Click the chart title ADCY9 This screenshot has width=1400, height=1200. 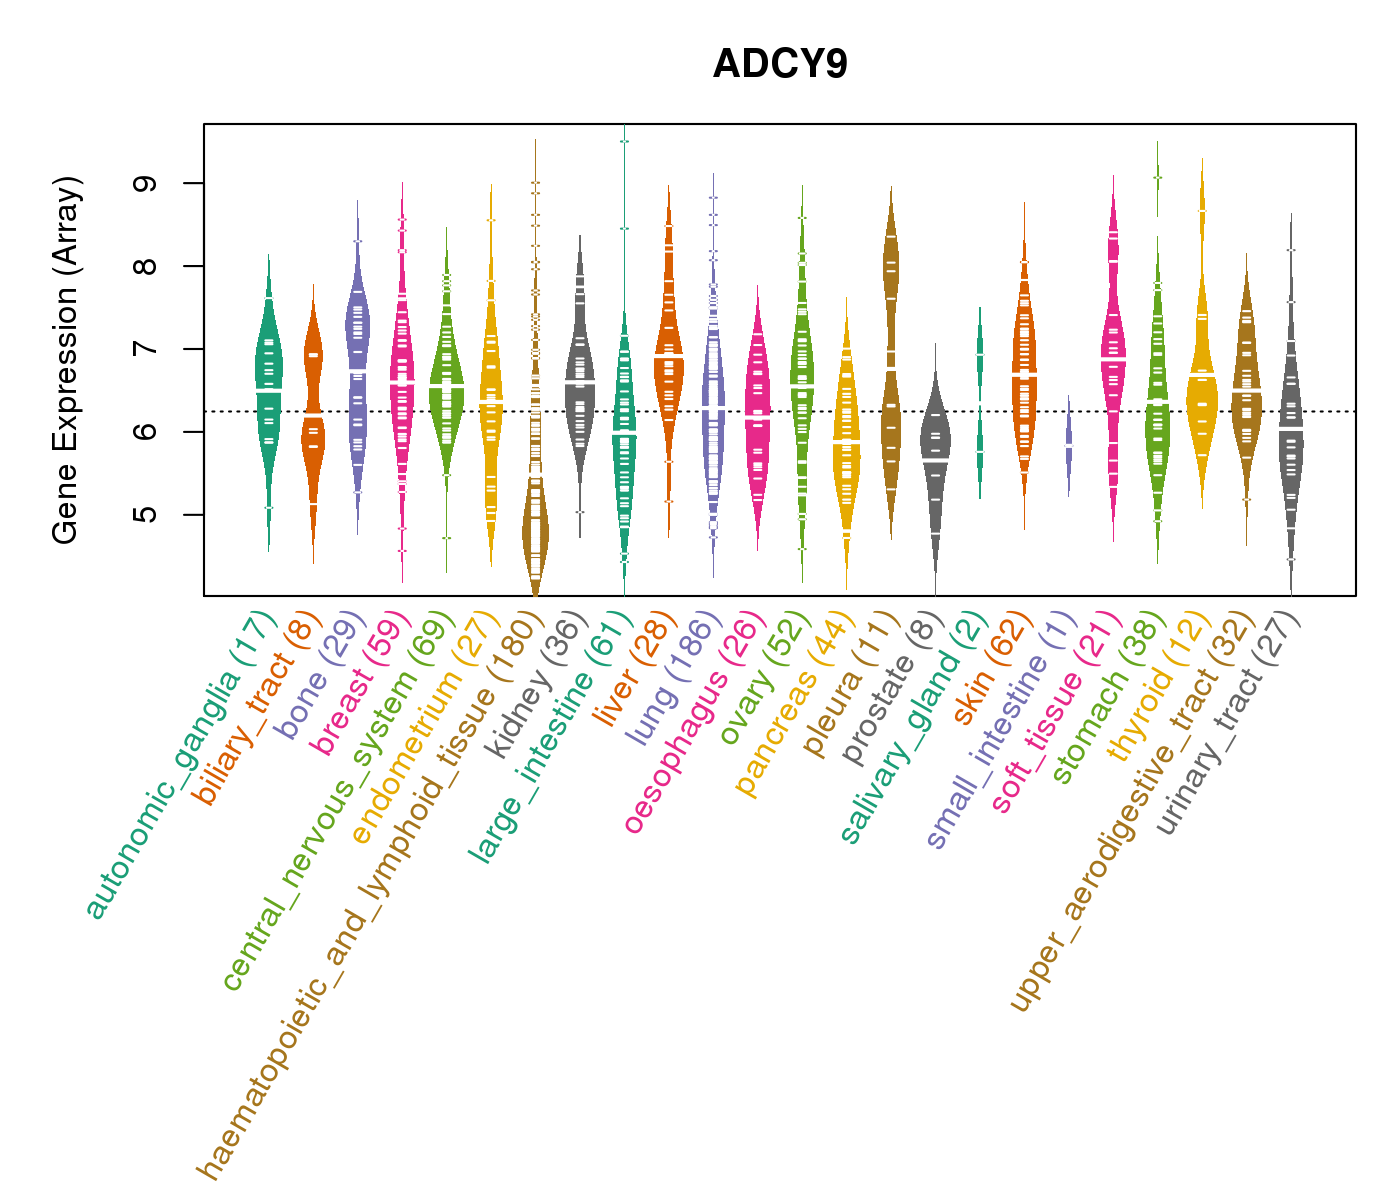click(x=780, y=64)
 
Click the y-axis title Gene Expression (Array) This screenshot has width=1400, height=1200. click(x=66, y=361)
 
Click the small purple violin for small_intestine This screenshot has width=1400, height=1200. click(x=1069, y=446)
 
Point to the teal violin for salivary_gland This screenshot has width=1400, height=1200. click(x=980, y=400)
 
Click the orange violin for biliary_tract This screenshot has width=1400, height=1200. click(x=313, y=420)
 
